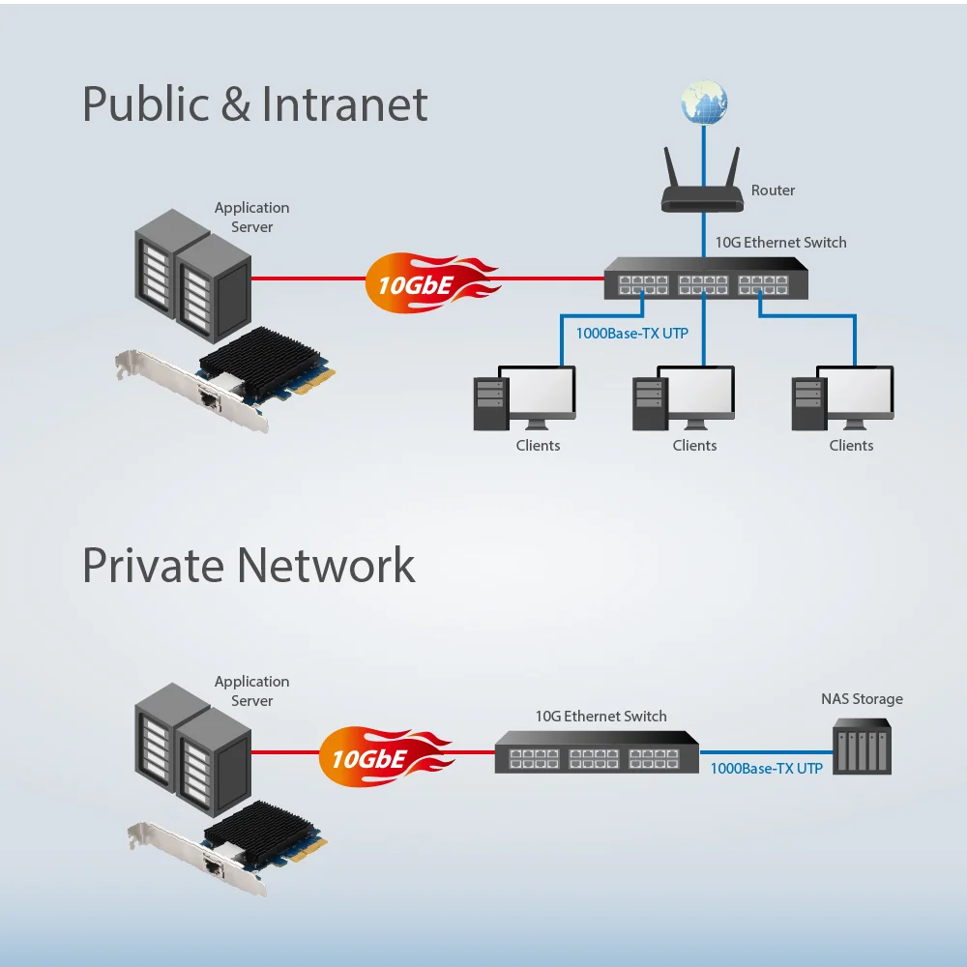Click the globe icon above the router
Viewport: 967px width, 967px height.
[x=703, y=103]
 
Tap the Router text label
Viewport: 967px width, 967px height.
[x=773, y=190]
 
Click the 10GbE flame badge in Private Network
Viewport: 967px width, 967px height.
[x=382, y=754]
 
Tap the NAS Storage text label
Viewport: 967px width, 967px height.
[x=862, y=699]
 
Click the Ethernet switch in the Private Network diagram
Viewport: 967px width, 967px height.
[x=597, y=751]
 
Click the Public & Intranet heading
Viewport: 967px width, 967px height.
[x=255, y=104]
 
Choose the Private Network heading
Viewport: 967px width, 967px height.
[x=249, y=565]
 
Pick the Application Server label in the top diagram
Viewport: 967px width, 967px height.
[x=251, y=218]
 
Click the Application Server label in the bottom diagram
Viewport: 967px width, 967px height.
[x=251, y=691]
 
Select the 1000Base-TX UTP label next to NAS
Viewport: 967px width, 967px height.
[x=766, y=769]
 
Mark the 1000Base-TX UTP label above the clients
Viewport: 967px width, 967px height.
[x=632, y=334]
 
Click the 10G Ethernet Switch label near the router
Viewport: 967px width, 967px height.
[x=780, y=243]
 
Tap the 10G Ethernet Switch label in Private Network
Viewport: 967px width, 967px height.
[x=601, y=717]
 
